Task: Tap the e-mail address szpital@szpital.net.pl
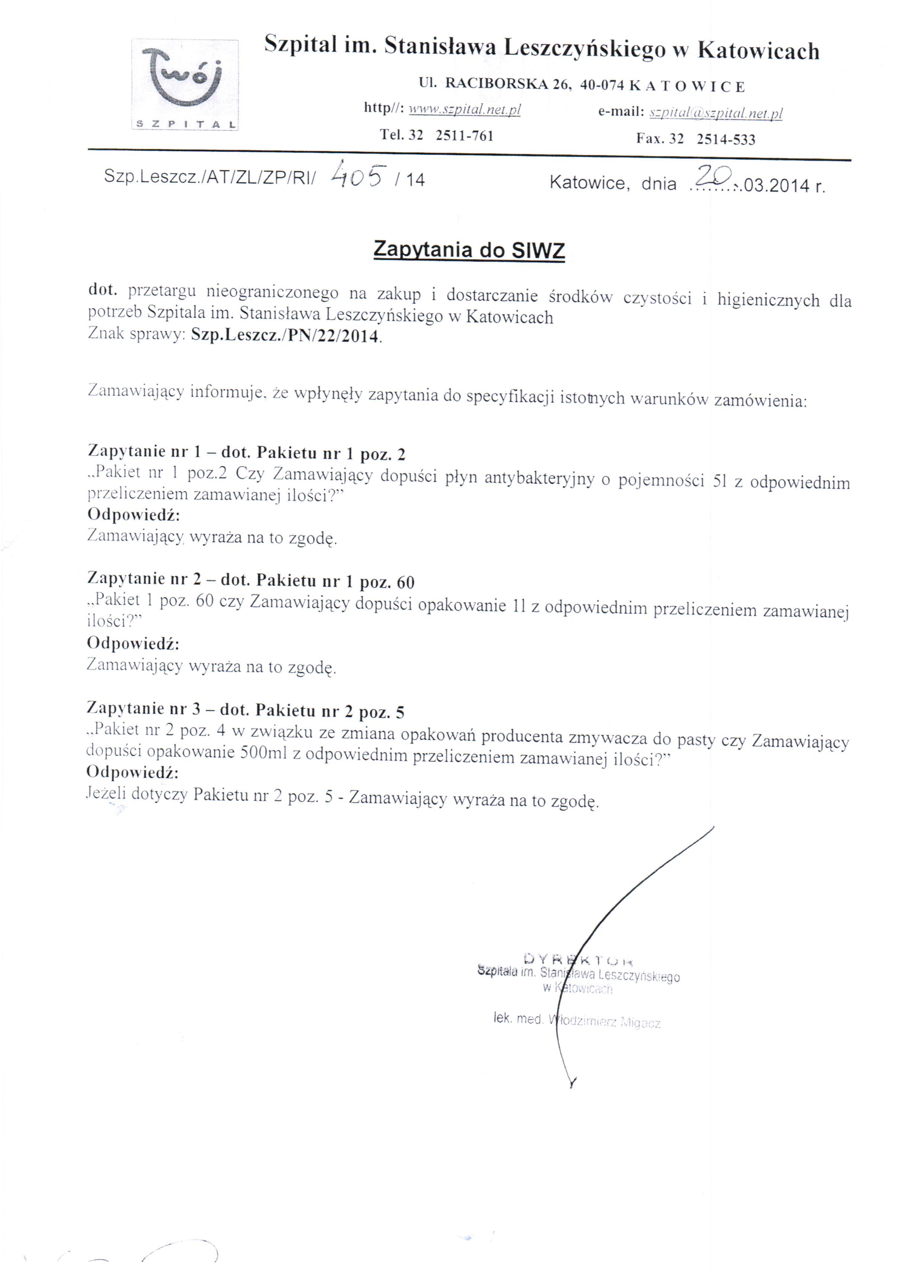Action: (715, 114)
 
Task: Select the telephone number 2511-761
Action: (464, 136)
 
